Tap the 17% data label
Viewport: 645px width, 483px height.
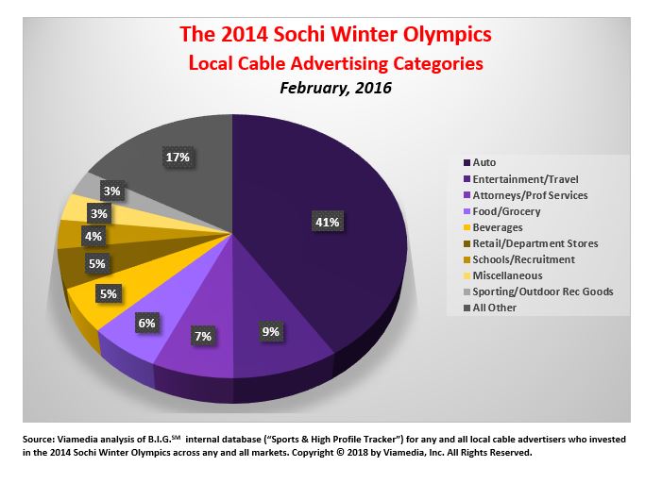click(176, 157)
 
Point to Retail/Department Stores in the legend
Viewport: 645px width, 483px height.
click(535, 243)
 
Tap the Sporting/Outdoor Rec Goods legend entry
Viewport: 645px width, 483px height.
click(543, 291)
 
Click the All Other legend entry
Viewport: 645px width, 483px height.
click(495, 308)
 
